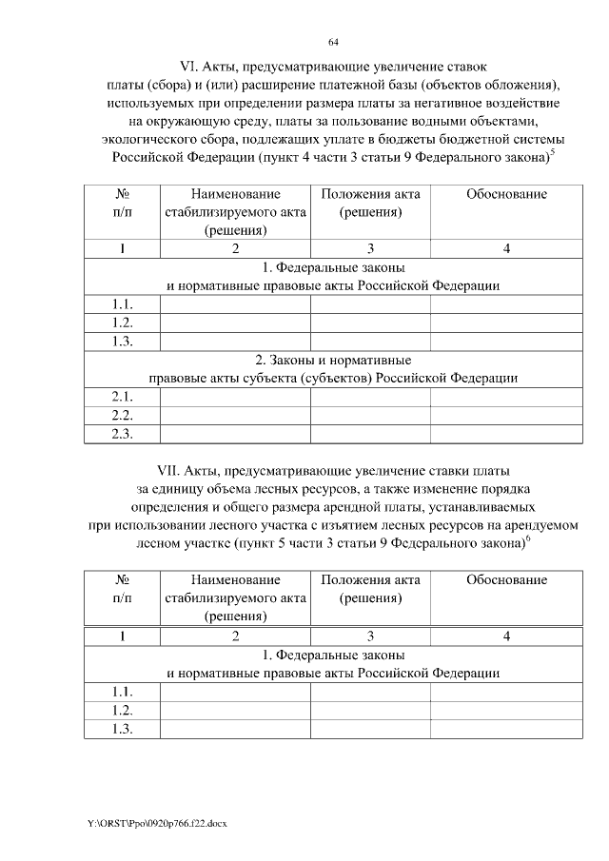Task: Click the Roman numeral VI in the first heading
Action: [x=187, y=67]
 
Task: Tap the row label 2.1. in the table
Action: [x=122, y=396]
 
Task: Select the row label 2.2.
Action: [x=122, y=416]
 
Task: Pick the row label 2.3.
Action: [x=122, y=434]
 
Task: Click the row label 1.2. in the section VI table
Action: [x=122, y=323]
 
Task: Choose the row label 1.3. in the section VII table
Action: [x=122, y=729]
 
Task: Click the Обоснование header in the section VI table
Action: [x=506, y=194]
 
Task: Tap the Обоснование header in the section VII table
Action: [x=506, y=579]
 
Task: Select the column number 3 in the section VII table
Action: [x=370, y=636]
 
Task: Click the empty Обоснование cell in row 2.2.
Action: [x=506, y=416]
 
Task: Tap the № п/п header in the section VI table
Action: [x=122, y=203]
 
